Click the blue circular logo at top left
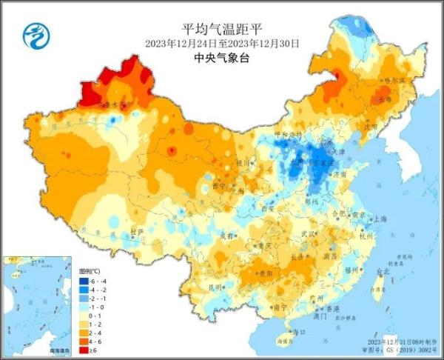[34, 34]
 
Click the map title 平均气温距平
[222, 28]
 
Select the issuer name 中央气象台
[222, 58]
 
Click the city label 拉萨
[135, 232]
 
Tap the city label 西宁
[218, 184]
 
